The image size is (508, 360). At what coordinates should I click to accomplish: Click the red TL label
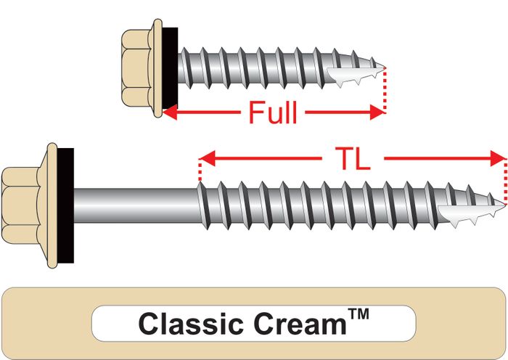pos(353,159)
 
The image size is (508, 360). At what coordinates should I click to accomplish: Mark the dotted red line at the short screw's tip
pos(385,91)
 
